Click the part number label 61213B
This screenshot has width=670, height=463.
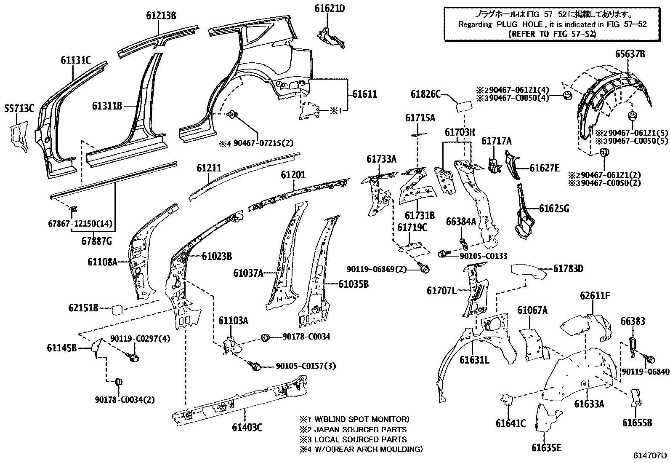pyautogui.click(x=161, y=16)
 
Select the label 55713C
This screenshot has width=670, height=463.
pyautogui.click(x=19, y=108)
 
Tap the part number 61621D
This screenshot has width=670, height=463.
pyautogui.click(x=330, y=8)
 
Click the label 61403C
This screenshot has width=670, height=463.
pyautogui.click(x=247, y=428)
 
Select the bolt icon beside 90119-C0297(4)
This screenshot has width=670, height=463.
pyautogui.click(x=134, y=358)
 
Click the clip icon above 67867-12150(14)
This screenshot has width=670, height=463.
pyautogui.click(x=73, y=209)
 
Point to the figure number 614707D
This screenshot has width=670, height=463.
pyautogui.click(x=650, y=455)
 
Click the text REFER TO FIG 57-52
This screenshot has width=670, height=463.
pyautogui.click(x=552, y=34)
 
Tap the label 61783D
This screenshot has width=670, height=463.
pyautogui.click(x=568, y=268)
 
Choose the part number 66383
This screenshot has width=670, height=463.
pyautogui.click(x=633, y=321)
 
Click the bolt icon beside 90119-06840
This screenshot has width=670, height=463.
pyautogui.click(x=650, y=359)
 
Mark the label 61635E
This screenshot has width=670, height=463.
pyautogui.click(x=546, y=447)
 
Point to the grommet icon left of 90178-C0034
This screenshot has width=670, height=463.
pyautogui.click(x=266, y=337)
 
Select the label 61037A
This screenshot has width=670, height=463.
pyautogui.click(x=248, y=273)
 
